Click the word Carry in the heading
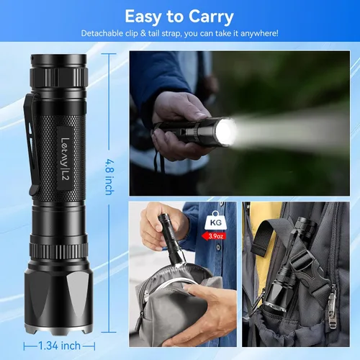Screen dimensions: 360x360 click(x=211, y=17)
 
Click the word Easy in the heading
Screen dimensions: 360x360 click(x=143, y=17)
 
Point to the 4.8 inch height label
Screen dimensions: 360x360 click(x=110, y=177)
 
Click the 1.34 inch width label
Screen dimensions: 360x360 click(x=59, y=346)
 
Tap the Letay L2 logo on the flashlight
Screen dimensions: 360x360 click(x=65, y=158)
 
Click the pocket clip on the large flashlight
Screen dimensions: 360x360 click(x=32, y=144)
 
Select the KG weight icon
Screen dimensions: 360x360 click(x=215, y=220)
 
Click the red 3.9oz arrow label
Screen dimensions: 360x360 click(x=214, y=236)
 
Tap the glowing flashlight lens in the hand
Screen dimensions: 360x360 click(x=225, y=132)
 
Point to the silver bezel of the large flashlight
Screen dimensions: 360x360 click(x=58, y=328)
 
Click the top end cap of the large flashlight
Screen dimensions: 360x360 click(x=58, y=60)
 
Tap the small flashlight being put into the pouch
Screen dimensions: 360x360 click(x=172, y=240)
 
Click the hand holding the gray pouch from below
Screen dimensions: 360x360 click(x=204, y=312)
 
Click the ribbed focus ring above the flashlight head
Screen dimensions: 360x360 click(x=58, y=251)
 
